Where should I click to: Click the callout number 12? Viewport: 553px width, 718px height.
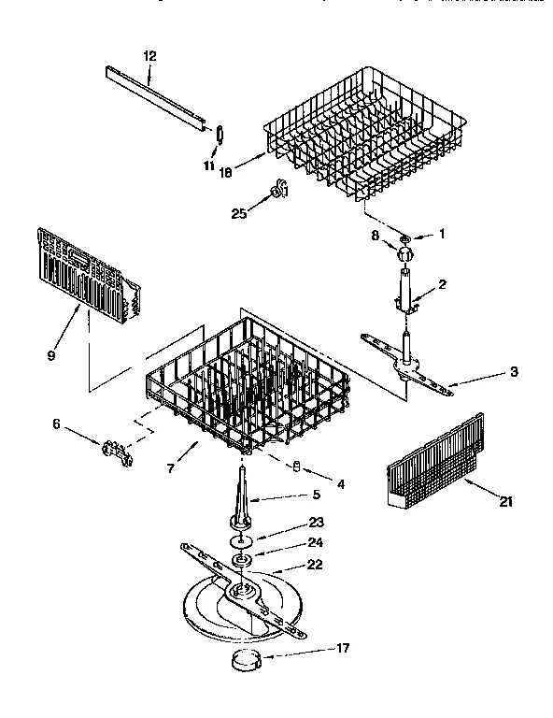(149, 56)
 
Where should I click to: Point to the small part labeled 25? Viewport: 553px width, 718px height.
(277, 191)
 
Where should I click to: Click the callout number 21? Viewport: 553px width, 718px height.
(505, 502)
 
